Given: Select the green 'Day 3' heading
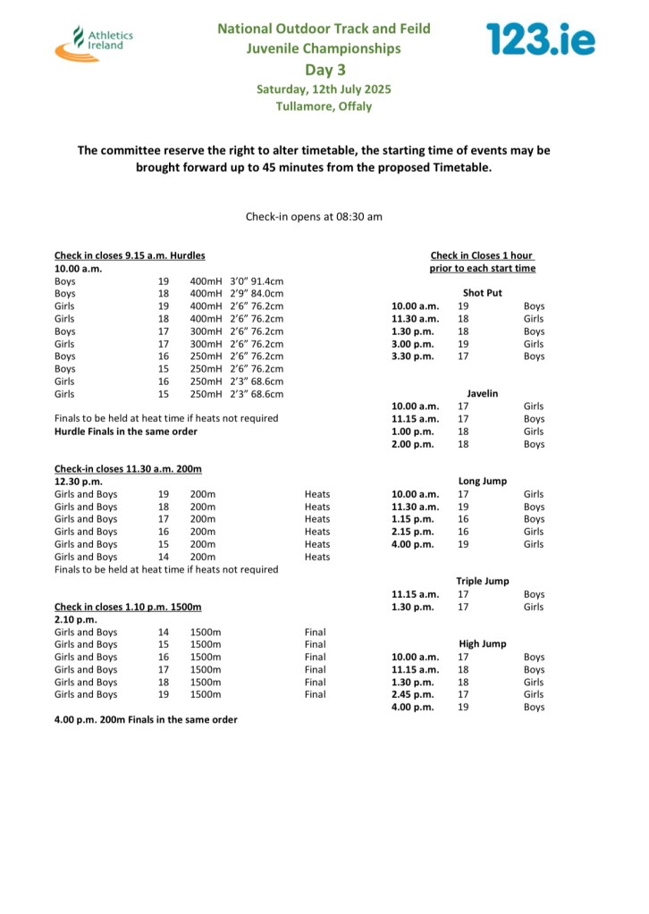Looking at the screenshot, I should click(324, 69).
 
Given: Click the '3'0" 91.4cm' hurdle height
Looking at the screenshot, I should click(257, 281).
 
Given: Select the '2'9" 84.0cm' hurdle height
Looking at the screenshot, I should click(257, 293).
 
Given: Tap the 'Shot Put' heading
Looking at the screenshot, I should click(482, 293).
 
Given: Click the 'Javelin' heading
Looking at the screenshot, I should click(482, 393).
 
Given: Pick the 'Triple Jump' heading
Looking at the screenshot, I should click(482, 581).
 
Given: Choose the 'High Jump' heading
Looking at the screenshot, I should click(482, 643).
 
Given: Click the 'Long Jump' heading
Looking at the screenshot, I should click(482, 481).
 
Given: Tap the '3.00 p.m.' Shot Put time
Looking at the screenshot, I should click(412, 343).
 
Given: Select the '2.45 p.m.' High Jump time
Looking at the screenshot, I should click(412, 694).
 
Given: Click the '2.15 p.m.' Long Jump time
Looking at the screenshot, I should click(412, 532).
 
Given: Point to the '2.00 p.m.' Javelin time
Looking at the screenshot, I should click(412, 444).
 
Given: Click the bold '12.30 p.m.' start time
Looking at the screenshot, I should click(78, 482).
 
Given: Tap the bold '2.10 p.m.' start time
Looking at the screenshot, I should click(75, 619).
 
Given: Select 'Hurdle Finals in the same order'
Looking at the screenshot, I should click(126, 432).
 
